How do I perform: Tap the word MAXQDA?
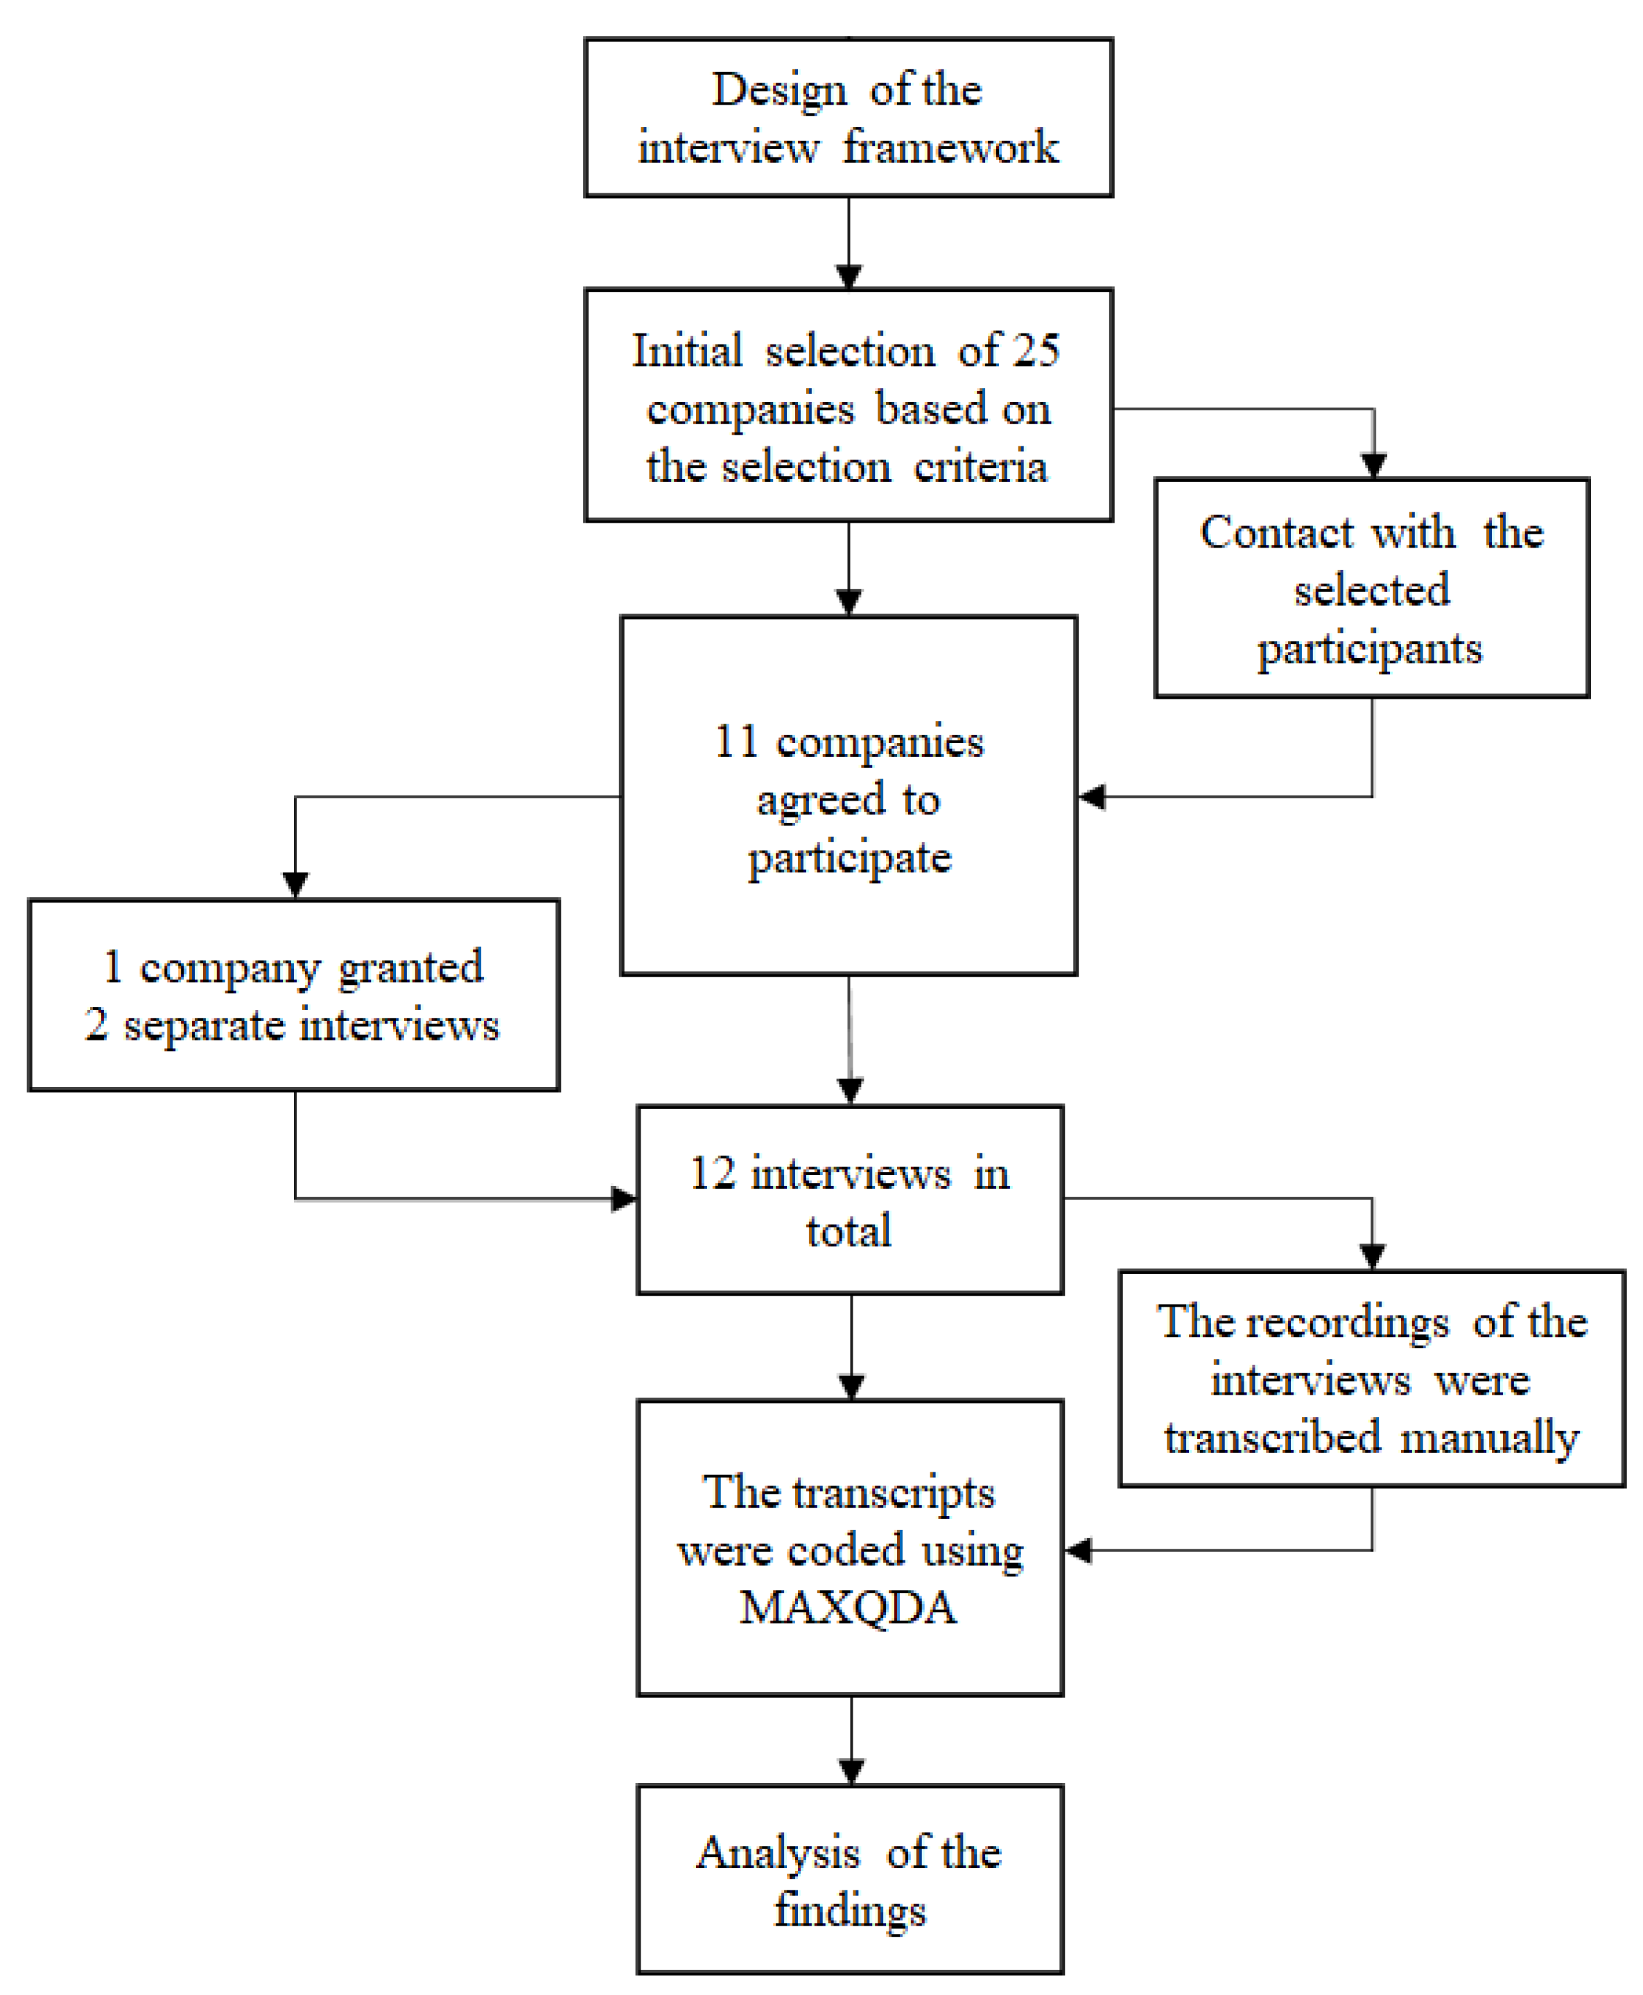[x=848, y=1608]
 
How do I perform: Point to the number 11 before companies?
[x=736, y=741]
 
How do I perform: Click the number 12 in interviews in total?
[x=712, y=1174]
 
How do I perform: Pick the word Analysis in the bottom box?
[x=778, y=1852]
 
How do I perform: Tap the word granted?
[x=410, y=967]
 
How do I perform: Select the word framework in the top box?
[x=950, y=148]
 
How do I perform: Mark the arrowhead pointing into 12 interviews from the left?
[x=624, y=1199]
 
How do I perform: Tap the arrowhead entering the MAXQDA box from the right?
[x=1078, y=1550]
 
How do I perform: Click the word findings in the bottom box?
[x=850, y=1910]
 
